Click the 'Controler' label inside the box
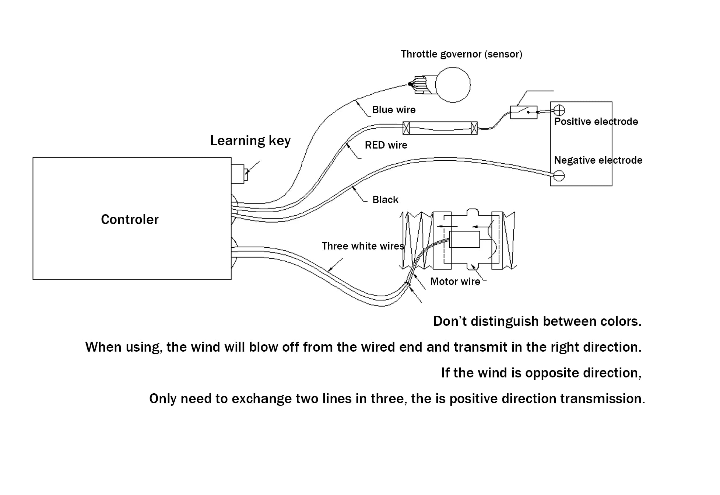coord(130,219)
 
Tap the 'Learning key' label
coord(250,141)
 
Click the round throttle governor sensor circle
coord(453,85)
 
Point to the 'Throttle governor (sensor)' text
coord(461,54)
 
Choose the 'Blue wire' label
coord(394,110)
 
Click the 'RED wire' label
coord(386,145)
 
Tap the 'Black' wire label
coord(385,200)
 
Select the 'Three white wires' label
coord(363,246)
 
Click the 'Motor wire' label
coord(455,282)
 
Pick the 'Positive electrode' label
coord(596,122)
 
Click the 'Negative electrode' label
coord(598,160)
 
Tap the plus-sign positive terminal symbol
coord(559,110)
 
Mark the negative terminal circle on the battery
coord(559,176)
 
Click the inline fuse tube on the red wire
coord(440,128)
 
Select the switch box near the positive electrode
coord(524,112)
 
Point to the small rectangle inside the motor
coord(465,240)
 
